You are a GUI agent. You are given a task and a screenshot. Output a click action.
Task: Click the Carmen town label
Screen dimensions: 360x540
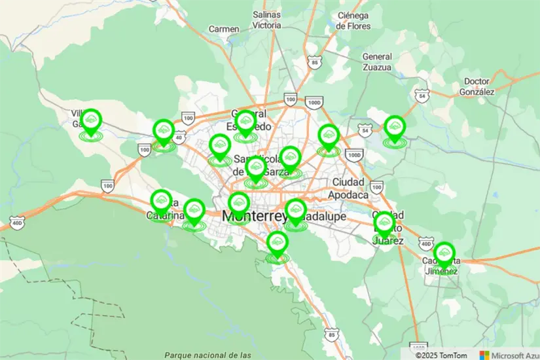[223, 29]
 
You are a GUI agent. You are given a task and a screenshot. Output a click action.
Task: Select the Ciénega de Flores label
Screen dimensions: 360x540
[354, 20]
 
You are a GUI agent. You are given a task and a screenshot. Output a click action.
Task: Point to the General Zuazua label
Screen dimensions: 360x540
[377, 62]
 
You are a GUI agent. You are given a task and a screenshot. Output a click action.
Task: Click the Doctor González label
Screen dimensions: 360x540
[477, 86]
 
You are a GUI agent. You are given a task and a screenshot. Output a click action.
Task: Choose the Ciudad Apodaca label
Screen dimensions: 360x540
[350, 187]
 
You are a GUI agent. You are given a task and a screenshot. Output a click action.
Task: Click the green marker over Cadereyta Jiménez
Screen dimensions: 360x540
[444, 254]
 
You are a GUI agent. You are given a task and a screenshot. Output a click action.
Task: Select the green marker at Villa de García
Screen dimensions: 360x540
[92, 120]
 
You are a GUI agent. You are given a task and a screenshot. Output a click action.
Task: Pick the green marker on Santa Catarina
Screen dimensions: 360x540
[161, 201]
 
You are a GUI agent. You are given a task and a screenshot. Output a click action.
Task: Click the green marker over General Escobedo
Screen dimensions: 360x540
[245, 122]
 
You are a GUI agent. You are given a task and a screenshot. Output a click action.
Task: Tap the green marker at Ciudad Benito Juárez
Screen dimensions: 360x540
[384, 223]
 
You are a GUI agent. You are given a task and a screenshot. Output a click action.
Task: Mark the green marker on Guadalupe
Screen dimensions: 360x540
[296, 211]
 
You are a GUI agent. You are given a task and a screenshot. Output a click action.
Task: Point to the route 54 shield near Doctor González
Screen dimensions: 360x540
[423, 96]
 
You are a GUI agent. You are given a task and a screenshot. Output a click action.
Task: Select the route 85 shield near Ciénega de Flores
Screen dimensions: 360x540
[315, 63]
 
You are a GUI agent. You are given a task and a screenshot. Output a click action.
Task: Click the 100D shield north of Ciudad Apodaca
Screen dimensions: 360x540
[353, 155]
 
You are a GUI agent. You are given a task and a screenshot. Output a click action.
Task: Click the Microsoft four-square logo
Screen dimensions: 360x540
[484, 355]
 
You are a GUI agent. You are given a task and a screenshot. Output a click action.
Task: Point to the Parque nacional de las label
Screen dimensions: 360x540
[208, 355]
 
